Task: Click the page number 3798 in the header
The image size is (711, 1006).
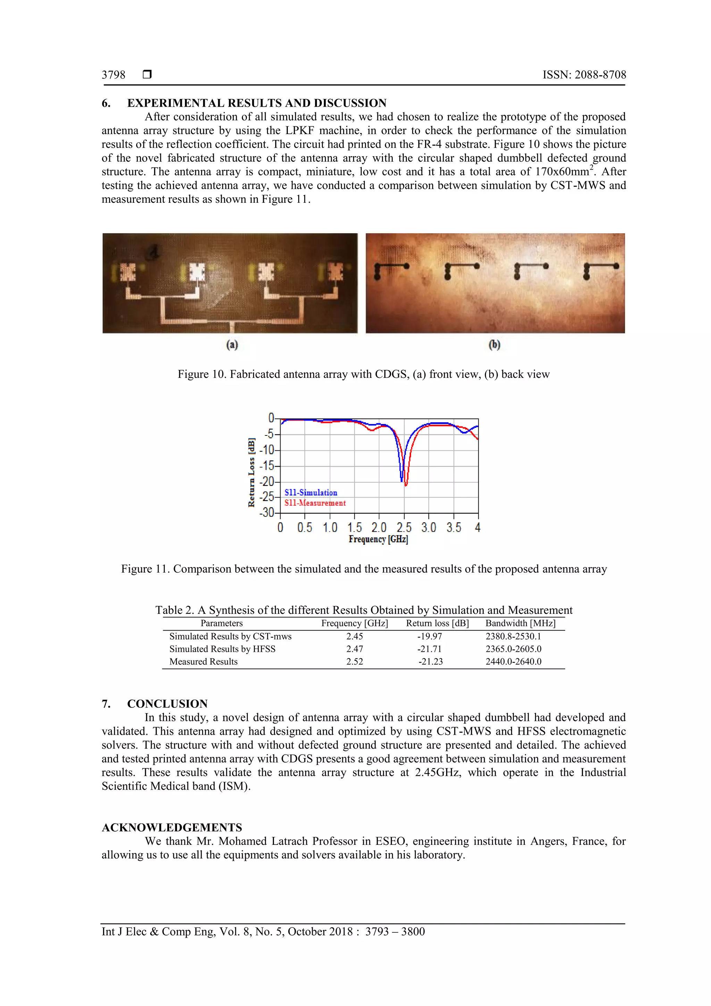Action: tap(114, 75)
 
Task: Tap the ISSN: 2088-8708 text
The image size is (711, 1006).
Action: tap(584, 75)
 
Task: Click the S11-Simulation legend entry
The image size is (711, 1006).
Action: tap(311, 492)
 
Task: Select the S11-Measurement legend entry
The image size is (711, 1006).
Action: tap(315, 503)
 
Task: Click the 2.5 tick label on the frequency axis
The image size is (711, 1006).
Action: tap(404, 527)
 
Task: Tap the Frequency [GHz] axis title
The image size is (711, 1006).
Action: tap(378, 539)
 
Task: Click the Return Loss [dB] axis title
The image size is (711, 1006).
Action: tap(251, 472)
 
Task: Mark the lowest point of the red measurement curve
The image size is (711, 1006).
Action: tap(405, 485)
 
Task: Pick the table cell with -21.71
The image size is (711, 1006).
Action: tap(429, 649)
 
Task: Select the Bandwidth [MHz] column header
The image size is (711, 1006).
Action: tap(520, 623)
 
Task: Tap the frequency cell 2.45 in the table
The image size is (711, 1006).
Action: tap(354, 636)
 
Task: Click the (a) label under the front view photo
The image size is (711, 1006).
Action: tap(232, 345)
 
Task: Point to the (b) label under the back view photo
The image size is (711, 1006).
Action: tap(494, 345)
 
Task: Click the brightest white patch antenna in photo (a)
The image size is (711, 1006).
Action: tap(197, 272)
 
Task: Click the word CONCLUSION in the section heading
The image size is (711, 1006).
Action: tap(167, 704)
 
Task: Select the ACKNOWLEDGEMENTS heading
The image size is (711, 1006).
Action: tap(172, 827)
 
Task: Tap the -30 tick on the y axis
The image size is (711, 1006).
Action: tap(266, 513)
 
